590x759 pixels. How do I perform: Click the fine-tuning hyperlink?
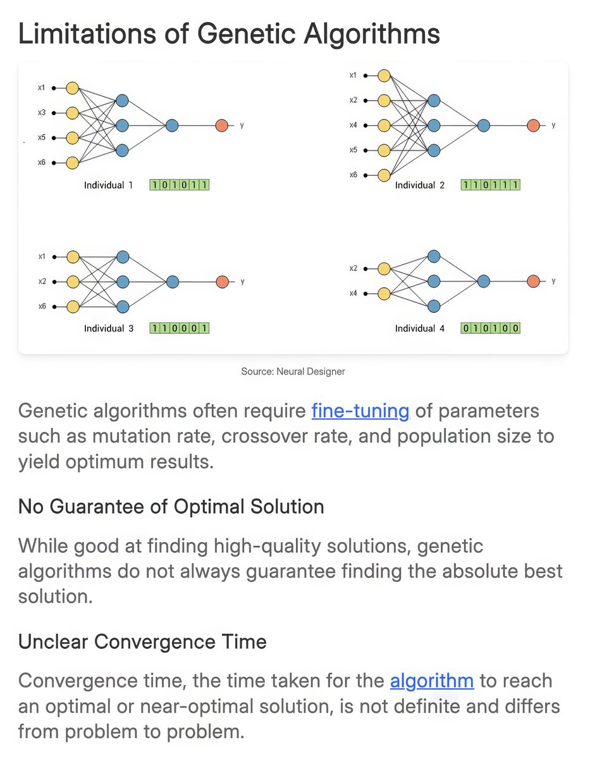click(x=360, y=411)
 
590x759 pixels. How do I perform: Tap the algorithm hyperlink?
click(x=431, y=681)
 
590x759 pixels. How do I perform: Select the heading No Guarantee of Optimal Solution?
click(x=171, y=506)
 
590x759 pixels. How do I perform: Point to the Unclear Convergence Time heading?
click(x=142, y=641)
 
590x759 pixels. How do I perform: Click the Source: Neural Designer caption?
click(x=293, y=371)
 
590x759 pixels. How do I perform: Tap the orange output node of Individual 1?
click(x=221, y=125)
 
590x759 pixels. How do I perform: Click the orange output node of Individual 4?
click(x=533, y=281)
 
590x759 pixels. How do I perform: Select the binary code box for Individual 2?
click(x=491, y=185)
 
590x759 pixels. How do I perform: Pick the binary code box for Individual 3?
click(x=180, y=328)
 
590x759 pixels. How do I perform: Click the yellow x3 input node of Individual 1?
click(x=72, y=113)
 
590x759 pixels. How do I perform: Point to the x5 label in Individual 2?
click(x=353, y=150)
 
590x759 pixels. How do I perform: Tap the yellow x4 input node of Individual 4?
click(x=383, y=293)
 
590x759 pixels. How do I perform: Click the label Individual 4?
click(x=420, y=328)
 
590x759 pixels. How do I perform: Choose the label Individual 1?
click(x=109, y=185)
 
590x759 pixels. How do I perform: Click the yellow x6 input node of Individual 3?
click(x=72, y=306)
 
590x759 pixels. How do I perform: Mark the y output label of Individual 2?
click(x=553, y=125)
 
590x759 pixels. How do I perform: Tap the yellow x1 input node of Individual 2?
click(x=383, y=76)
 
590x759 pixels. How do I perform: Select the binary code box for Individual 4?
click(x=491, y=328)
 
